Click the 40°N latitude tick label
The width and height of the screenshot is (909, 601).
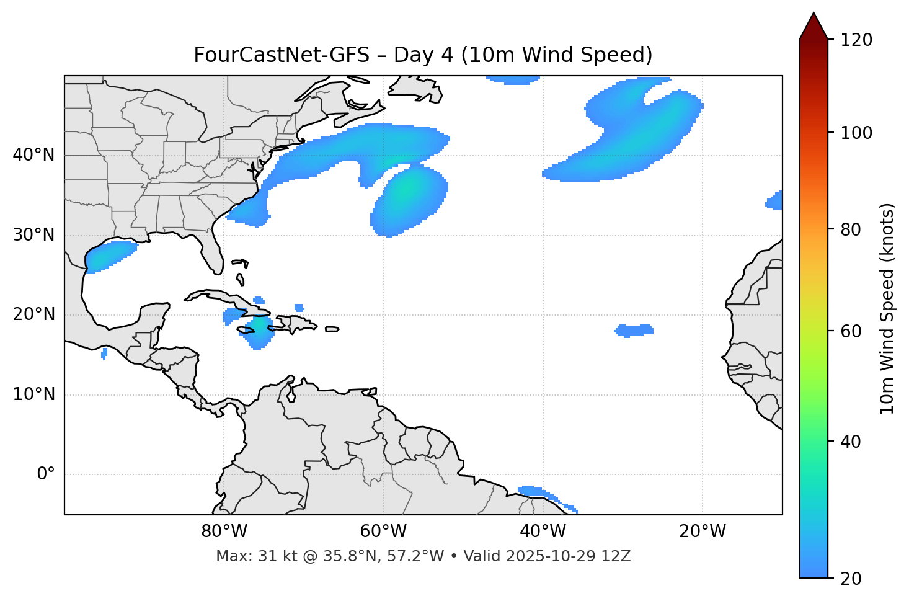(33, 155)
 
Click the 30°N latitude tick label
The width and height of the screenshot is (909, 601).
(33, 235)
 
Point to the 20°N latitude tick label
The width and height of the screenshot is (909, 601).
(33, 314)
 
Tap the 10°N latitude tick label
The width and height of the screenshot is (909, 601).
(33, 394)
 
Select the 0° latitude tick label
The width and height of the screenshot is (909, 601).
(46, 474)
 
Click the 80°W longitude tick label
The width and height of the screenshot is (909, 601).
(224, 532)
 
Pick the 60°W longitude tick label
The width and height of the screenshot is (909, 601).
(383, 532)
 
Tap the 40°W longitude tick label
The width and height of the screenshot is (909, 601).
(543, 532)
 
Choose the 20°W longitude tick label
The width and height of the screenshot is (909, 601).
(702, 532)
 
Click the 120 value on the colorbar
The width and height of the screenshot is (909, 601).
(856, 40)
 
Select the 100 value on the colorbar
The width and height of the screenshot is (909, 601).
(856, 133)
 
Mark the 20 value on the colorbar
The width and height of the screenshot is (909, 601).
(851, 579)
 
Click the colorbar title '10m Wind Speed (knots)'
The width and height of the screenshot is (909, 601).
(887, 308)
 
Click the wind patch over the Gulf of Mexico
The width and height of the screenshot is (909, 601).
(110, 255)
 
